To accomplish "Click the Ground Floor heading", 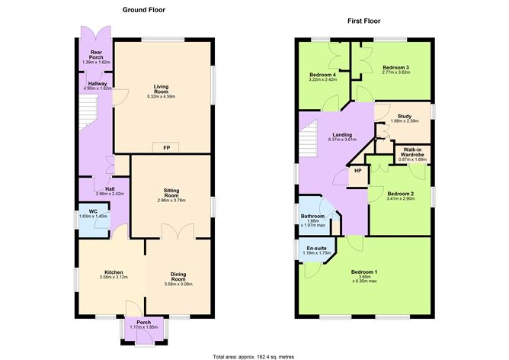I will pyautogui.click(x=144, y=10).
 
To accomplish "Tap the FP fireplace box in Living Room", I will pyautogui.click(x=166, y=147).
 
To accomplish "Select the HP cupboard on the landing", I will pyautogui.click(x=357, y=172).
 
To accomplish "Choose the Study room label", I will pyautogui.click(x=404, y=116).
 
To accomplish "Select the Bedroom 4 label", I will pyautogui.click(x=323, y=73).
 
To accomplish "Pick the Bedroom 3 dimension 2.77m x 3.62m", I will pyautogui.click(x=395, y=72).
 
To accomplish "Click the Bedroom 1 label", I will pyautogui.click(x=364, y=272).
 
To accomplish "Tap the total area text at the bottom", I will pyautogui.click(x=254, y=355).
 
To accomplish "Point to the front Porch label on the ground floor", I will pyautogui.click(x=144, y=323).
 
